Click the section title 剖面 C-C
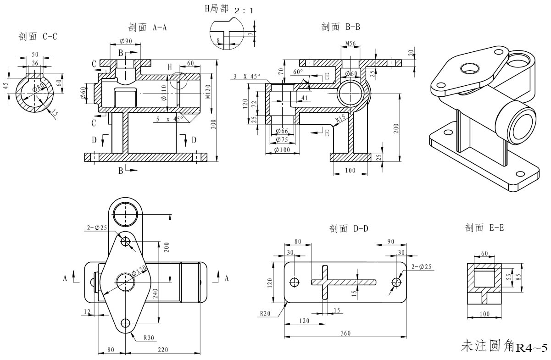point(38,36)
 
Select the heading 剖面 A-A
point(147,28)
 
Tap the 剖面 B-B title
point(340,27)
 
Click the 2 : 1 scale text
point(243,10)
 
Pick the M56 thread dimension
point(351,44)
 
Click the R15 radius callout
point(340,118)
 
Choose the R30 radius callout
point(149,338)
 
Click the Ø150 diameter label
point(139,271)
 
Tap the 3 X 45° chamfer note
point(247,76)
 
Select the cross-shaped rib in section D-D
point(325,282)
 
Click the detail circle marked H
point(178,81)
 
